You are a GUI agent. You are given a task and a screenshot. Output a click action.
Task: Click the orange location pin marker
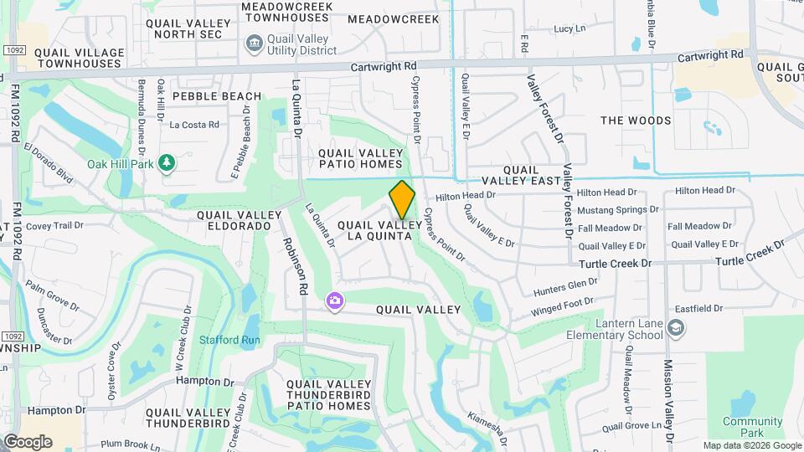click(402, 198)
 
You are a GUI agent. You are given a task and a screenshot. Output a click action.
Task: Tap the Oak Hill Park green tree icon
click(167, 162)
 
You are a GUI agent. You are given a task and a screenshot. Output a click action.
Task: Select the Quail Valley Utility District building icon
click(253, 43)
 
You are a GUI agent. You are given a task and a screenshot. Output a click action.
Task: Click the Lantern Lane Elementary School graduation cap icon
click(675, 331)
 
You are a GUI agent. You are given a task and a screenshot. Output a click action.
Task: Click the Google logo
click(28, 441)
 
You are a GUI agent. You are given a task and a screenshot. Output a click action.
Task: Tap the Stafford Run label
click(229, 340)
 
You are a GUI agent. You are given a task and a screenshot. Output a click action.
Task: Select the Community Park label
click(740, 427)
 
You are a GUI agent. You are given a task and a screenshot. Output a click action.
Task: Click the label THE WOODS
click(636, 121)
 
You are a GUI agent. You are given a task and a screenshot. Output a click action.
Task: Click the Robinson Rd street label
click(298, 265)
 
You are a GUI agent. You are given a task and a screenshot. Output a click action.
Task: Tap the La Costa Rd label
click(193, 125)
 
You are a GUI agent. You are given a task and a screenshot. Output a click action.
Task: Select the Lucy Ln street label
click(569, 28)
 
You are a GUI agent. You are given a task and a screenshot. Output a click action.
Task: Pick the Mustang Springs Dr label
click(613, 209)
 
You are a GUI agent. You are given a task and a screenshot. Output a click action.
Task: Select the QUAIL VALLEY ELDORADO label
click(234, 220)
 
